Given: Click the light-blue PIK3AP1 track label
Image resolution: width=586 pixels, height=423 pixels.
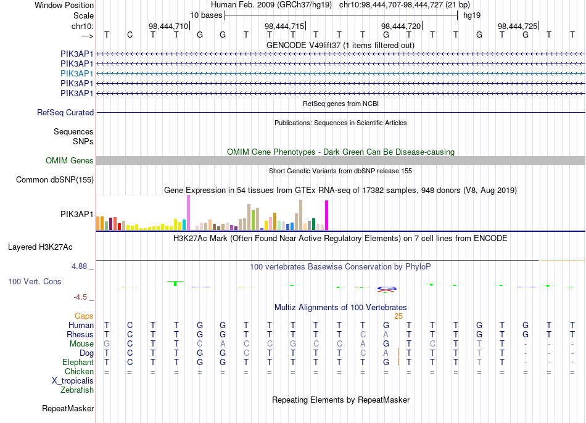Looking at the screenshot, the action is pyautogui.click(x=76, y=73).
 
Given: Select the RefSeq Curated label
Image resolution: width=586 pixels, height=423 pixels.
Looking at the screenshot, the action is pyautogui.click(x=65, y=112).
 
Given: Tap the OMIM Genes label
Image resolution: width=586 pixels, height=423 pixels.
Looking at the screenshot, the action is pyautogui.click(x=70, y=161).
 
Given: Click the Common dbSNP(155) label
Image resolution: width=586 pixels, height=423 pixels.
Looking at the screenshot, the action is pyautogui.click(x=55, y=179).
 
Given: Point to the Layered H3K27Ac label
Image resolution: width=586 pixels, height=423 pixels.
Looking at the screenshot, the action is pyautogui.click(x=40, y=247).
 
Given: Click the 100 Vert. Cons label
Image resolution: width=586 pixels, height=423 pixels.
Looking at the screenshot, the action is pyautogui.click(x=35, y=281).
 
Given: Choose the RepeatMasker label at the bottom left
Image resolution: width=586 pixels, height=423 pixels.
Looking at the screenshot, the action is pyautogui.click(x=68, y=408).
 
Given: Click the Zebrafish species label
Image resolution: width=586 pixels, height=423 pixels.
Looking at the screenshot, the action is pyautogui.click(x=77, y=390).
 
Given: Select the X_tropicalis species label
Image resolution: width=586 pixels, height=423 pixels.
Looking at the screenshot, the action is pyautogui.click(x=73, y=381).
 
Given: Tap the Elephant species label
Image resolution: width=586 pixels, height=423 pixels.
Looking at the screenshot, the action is pyautogui.click(x=78, y=363).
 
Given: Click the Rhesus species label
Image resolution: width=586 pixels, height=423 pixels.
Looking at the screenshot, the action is pyautogui.click(x=80, y=334).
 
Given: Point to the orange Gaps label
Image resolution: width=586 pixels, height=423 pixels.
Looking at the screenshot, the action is pyautogui.click(x=84, y=316).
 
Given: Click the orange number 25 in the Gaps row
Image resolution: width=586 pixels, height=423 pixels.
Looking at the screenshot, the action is pyautogui.click(x=398, y=316).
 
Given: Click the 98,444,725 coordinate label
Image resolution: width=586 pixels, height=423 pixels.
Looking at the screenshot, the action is pyautogui.click(x=518, y=26).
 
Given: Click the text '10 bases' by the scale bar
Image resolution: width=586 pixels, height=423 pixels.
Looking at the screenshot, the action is pyautogui.click(x=206, y=15).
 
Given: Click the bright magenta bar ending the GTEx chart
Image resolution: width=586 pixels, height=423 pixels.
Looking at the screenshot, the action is pyautogui.click(x=327, y=215).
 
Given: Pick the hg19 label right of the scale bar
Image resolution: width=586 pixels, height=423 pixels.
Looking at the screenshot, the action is pyautogui.click(x=472, y=15).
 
